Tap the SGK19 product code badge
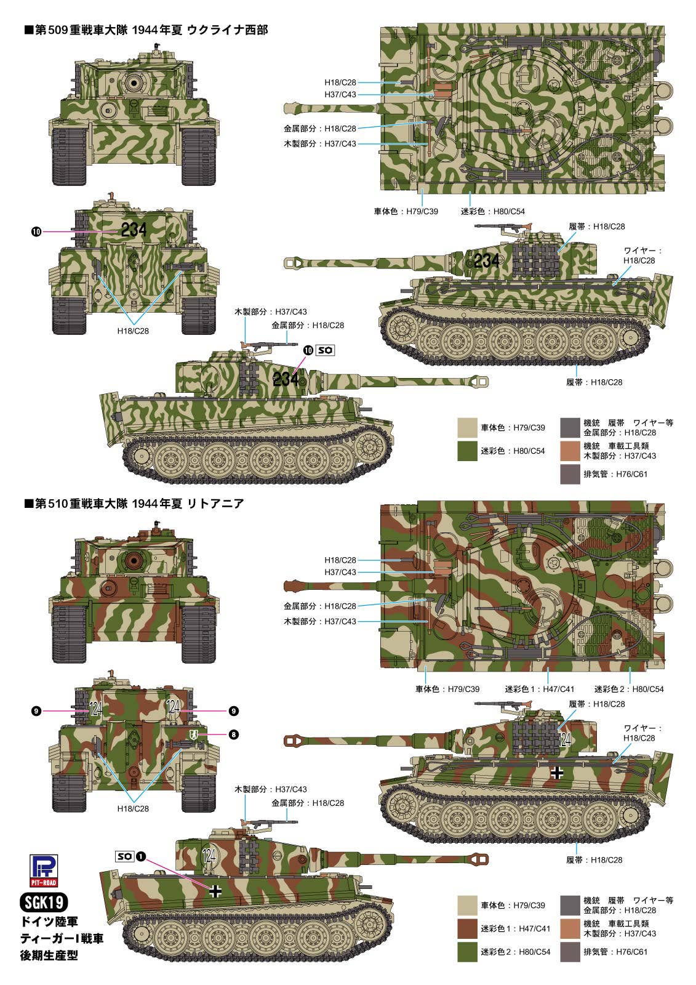coord(44,903)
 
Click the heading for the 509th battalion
coord(146,30)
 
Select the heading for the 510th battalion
coord(134,504)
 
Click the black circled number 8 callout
coord(233,734)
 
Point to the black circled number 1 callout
coord(141,856)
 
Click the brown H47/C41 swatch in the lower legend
coord(467,928)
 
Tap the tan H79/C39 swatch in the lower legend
coord(467,905)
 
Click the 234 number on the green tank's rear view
coord(134,230)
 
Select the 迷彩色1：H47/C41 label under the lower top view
coord(540,689)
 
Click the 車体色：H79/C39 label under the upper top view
coord(406,211)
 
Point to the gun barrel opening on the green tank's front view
coord(134,82)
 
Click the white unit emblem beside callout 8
coord(193,734)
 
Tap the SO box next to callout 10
coord(326,350)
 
